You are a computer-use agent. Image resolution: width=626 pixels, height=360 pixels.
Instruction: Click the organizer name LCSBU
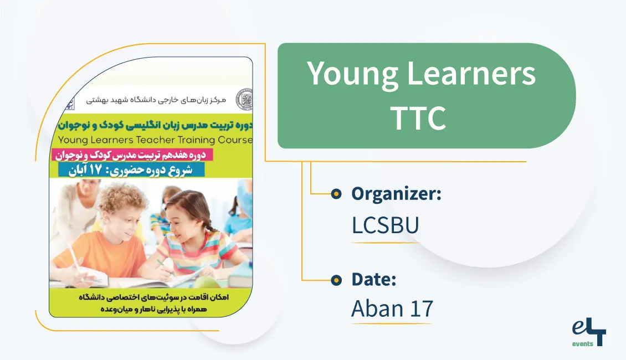click(x=385, y=225)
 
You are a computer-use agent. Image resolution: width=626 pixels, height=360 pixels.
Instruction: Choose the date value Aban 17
click(x=392, y=308)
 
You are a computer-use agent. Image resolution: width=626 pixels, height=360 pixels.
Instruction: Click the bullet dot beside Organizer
click(x=336, y=194)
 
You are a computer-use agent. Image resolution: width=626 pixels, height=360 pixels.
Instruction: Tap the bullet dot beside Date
click(x=336, y=280)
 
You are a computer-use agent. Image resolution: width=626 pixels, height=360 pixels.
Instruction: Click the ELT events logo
click(x=588, y=333)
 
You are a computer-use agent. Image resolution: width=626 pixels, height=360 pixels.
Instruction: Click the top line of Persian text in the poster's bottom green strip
click(x=151, y=297)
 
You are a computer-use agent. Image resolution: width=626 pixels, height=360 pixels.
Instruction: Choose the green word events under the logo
click(x=582, y=344)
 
